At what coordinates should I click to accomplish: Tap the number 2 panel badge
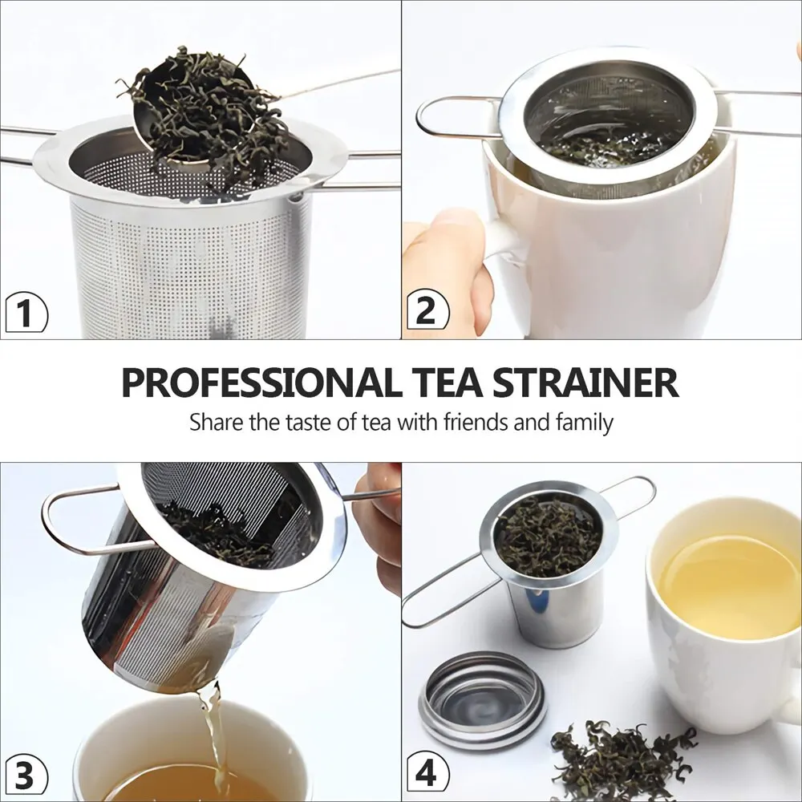427,310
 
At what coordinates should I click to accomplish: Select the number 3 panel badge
26,776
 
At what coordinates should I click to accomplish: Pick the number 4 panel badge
427,775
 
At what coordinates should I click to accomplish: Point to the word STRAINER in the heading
585,383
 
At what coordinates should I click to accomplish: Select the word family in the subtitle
581,422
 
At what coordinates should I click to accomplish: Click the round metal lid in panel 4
483,699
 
